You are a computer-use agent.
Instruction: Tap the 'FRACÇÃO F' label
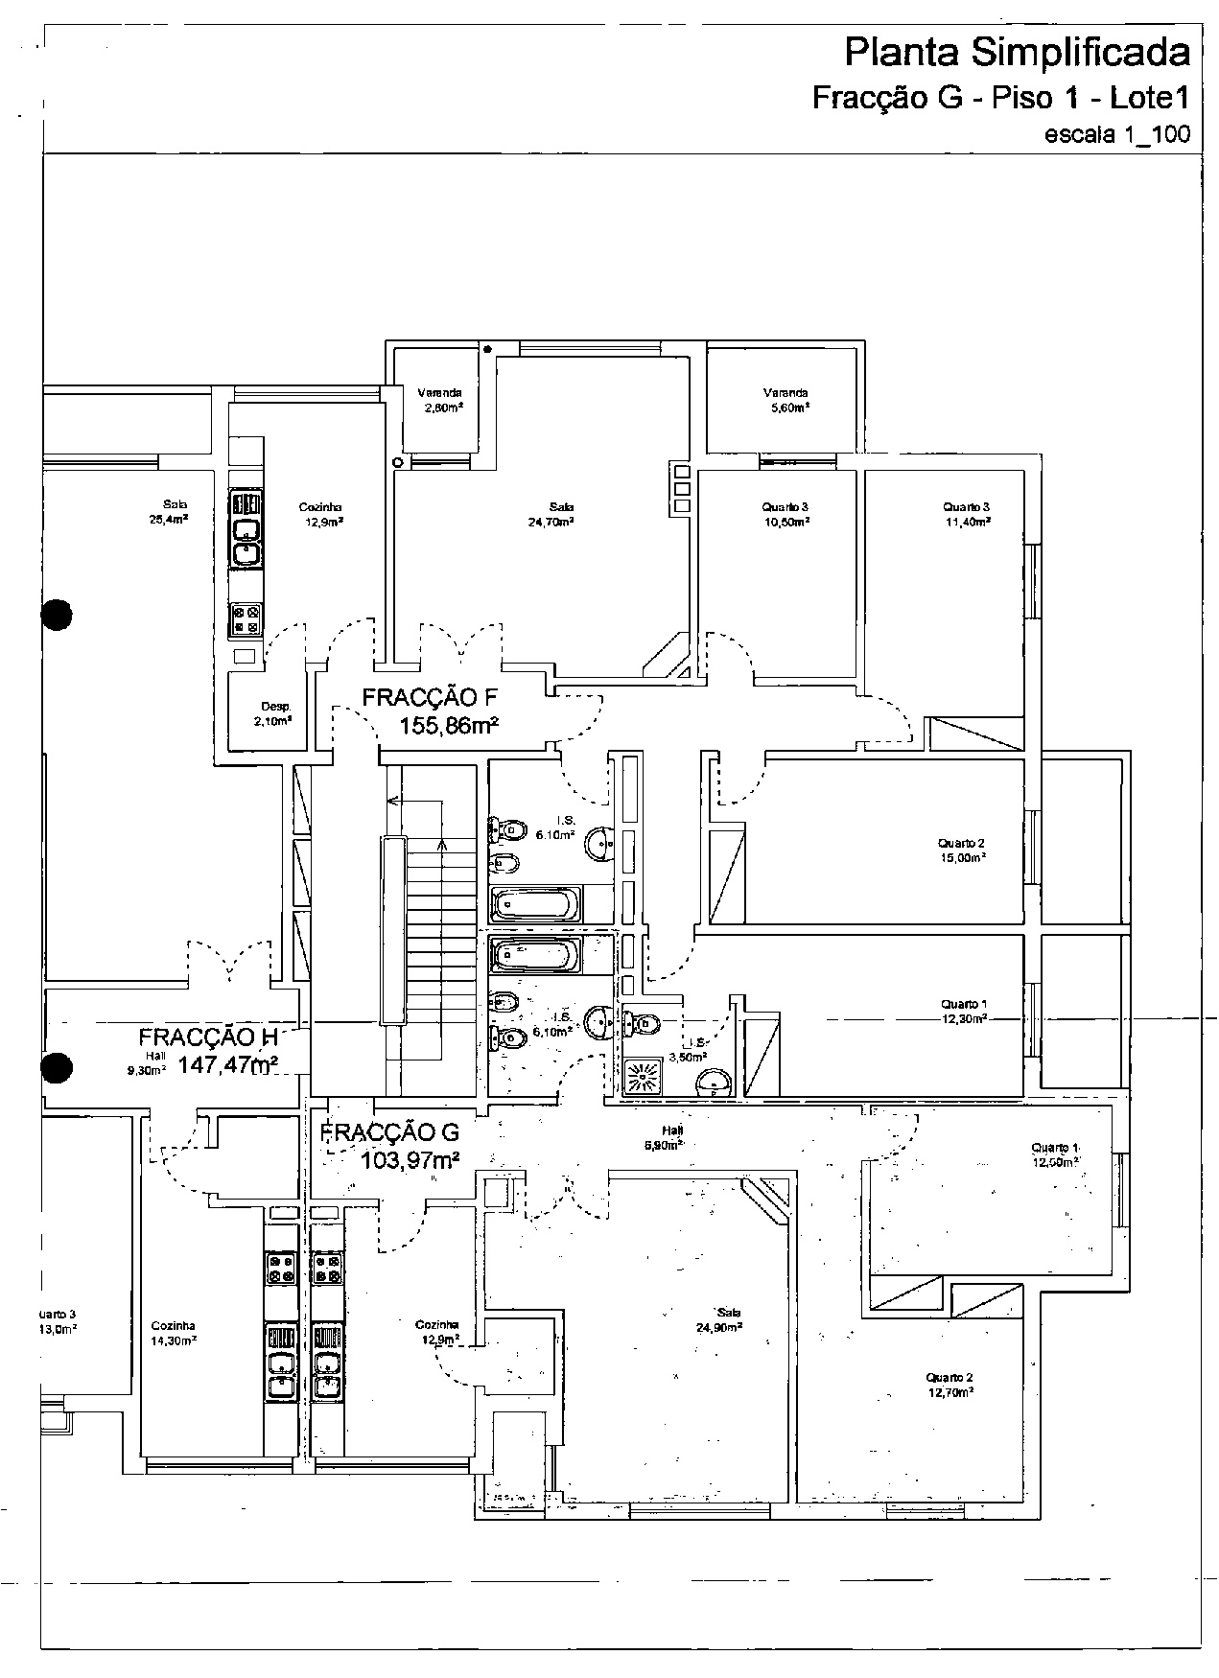pos(428,697)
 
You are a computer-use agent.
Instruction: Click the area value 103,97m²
pos(410,1161)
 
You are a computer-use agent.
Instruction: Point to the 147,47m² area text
pos(228,1064)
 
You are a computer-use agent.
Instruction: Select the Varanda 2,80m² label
pos(439,400)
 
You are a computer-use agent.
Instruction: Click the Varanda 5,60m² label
pos(785,400)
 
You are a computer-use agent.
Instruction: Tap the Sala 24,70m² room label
pos(561,514)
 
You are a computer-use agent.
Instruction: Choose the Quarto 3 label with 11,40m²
pos(966,514)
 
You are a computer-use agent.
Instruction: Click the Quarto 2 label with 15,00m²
pos(961,851)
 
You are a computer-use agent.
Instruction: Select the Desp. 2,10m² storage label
pos(273,713)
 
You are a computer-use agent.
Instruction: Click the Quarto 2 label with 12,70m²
pos(949,1384)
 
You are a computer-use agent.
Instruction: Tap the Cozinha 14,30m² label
pos(174,1333)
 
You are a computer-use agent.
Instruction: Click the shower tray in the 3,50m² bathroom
pos(644,1076)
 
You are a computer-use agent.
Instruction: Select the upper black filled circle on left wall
pos(58,615)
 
